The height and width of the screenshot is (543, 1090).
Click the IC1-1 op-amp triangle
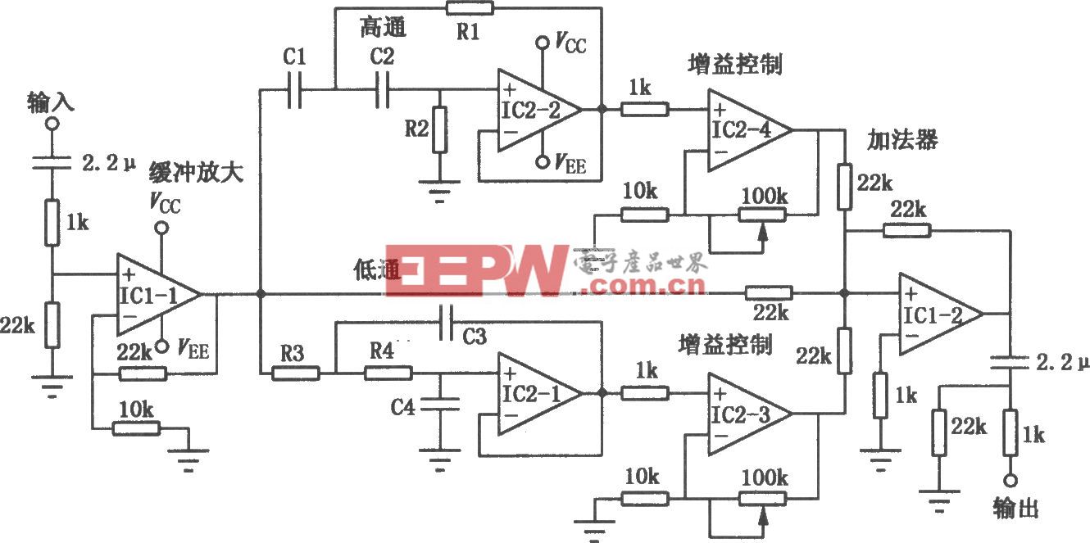(156, 294)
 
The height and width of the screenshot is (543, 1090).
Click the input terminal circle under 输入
(52, 123)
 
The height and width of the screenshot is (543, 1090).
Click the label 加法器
(902, 141)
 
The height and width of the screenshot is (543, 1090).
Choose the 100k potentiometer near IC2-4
(762, 214)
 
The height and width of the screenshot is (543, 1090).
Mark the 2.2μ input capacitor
(52, 164)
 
